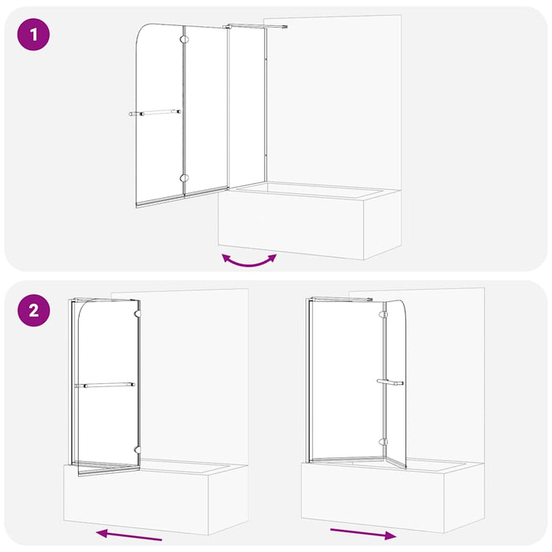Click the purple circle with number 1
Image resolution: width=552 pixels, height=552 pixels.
point(33,36)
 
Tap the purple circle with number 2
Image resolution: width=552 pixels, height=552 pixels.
point(33,309)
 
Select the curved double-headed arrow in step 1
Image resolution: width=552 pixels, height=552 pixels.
point(249,260)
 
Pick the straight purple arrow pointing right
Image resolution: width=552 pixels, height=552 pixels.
point(364,533)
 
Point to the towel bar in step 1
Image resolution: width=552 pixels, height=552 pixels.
point(155,113)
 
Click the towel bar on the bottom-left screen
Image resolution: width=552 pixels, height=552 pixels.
point(105,386)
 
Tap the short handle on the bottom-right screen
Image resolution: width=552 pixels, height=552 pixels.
point(390,382)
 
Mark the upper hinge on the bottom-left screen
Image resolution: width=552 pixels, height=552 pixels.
point(139,314)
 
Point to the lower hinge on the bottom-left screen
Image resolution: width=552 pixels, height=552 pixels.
point(139,449)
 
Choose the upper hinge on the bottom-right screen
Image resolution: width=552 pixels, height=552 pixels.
point(384,315)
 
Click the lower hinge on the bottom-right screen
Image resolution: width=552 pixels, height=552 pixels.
point(384,442)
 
